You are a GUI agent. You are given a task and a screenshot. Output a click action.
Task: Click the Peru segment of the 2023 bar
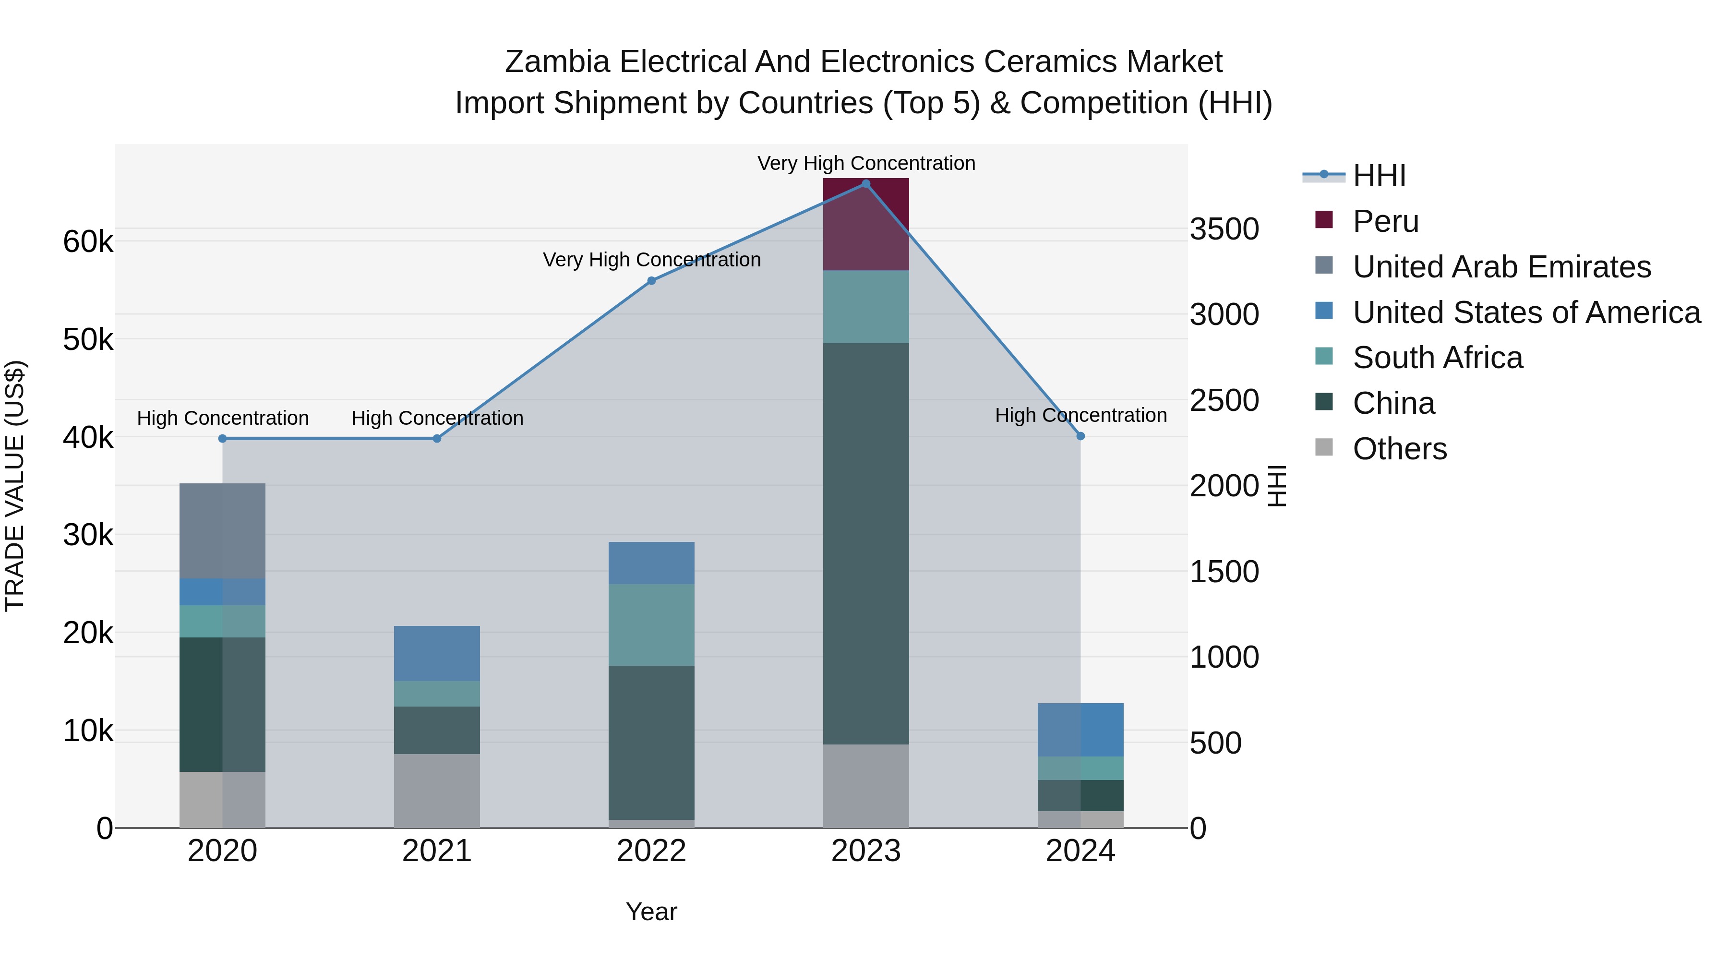point(865,224)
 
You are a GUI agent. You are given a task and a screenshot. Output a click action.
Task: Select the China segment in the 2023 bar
point(865,543)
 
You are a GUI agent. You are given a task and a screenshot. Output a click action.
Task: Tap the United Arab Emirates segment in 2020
point(222,530)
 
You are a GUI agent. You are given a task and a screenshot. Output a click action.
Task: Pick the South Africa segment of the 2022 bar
point(651,624)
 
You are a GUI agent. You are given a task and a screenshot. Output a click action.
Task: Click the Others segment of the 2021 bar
point(437,790)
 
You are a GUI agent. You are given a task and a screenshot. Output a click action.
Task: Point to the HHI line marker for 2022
point(651,281)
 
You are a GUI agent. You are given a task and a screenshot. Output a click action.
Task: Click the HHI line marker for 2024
point(1080,436)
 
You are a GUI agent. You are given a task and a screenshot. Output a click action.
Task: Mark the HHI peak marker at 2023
point(865,184)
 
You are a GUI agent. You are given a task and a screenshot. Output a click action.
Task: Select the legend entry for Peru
point(1385,221)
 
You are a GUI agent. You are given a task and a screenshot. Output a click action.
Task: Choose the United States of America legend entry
point(1526,312)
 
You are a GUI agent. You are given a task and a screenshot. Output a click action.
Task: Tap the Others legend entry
point(1399,449)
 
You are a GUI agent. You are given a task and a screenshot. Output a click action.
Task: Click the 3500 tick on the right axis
point(1224,229)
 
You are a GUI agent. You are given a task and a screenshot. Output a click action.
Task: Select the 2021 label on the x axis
point(437,851)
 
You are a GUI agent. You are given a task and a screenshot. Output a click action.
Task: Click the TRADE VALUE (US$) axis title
point(15,486)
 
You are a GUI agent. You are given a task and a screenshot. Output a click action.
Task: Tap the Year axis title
point(651,912)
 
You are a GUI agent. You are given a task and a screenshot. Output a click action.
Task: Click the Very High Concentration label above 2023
point(866,163)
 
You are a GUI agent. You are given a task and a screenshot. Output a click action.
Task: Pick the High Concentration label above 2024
point(1080,415)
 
